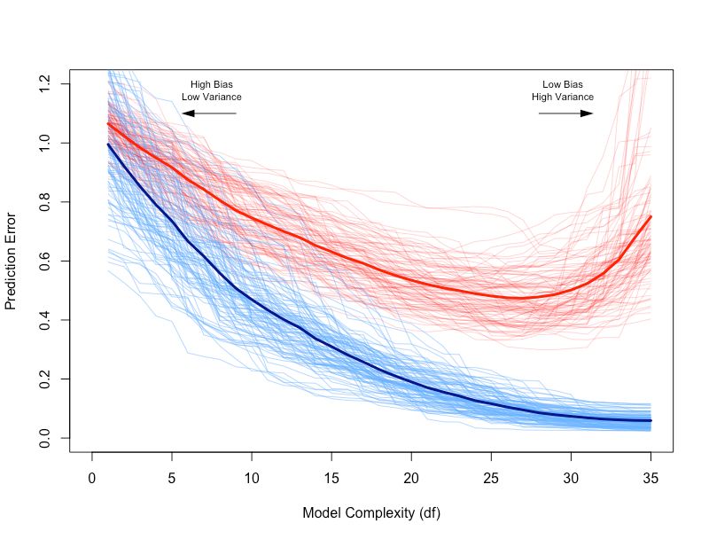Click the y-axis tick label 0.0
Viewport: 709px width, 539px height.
[x=45, y=438]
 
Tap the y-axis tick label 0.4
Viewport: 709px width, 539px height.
[x=45, y=320]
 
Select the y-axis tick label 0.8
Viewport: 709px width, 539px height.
[x=45, y=202]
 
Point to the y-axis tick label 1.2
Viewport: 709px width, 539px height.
[x=45, y=84]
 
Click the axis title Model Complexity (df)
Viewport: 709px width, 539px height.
[x=370, y=513]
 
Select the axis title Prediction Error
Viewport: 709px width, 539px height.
[x=12, y=261]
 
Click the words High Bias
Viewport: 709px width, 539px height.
[x=212, y=84]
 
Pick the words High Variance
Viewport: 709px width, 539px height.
[x=563, y=97]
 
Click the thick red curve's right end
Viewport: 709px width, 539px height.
[x=651, y=216]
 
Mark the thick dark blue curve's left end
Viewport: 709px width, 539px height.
[x=108, y=145]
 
